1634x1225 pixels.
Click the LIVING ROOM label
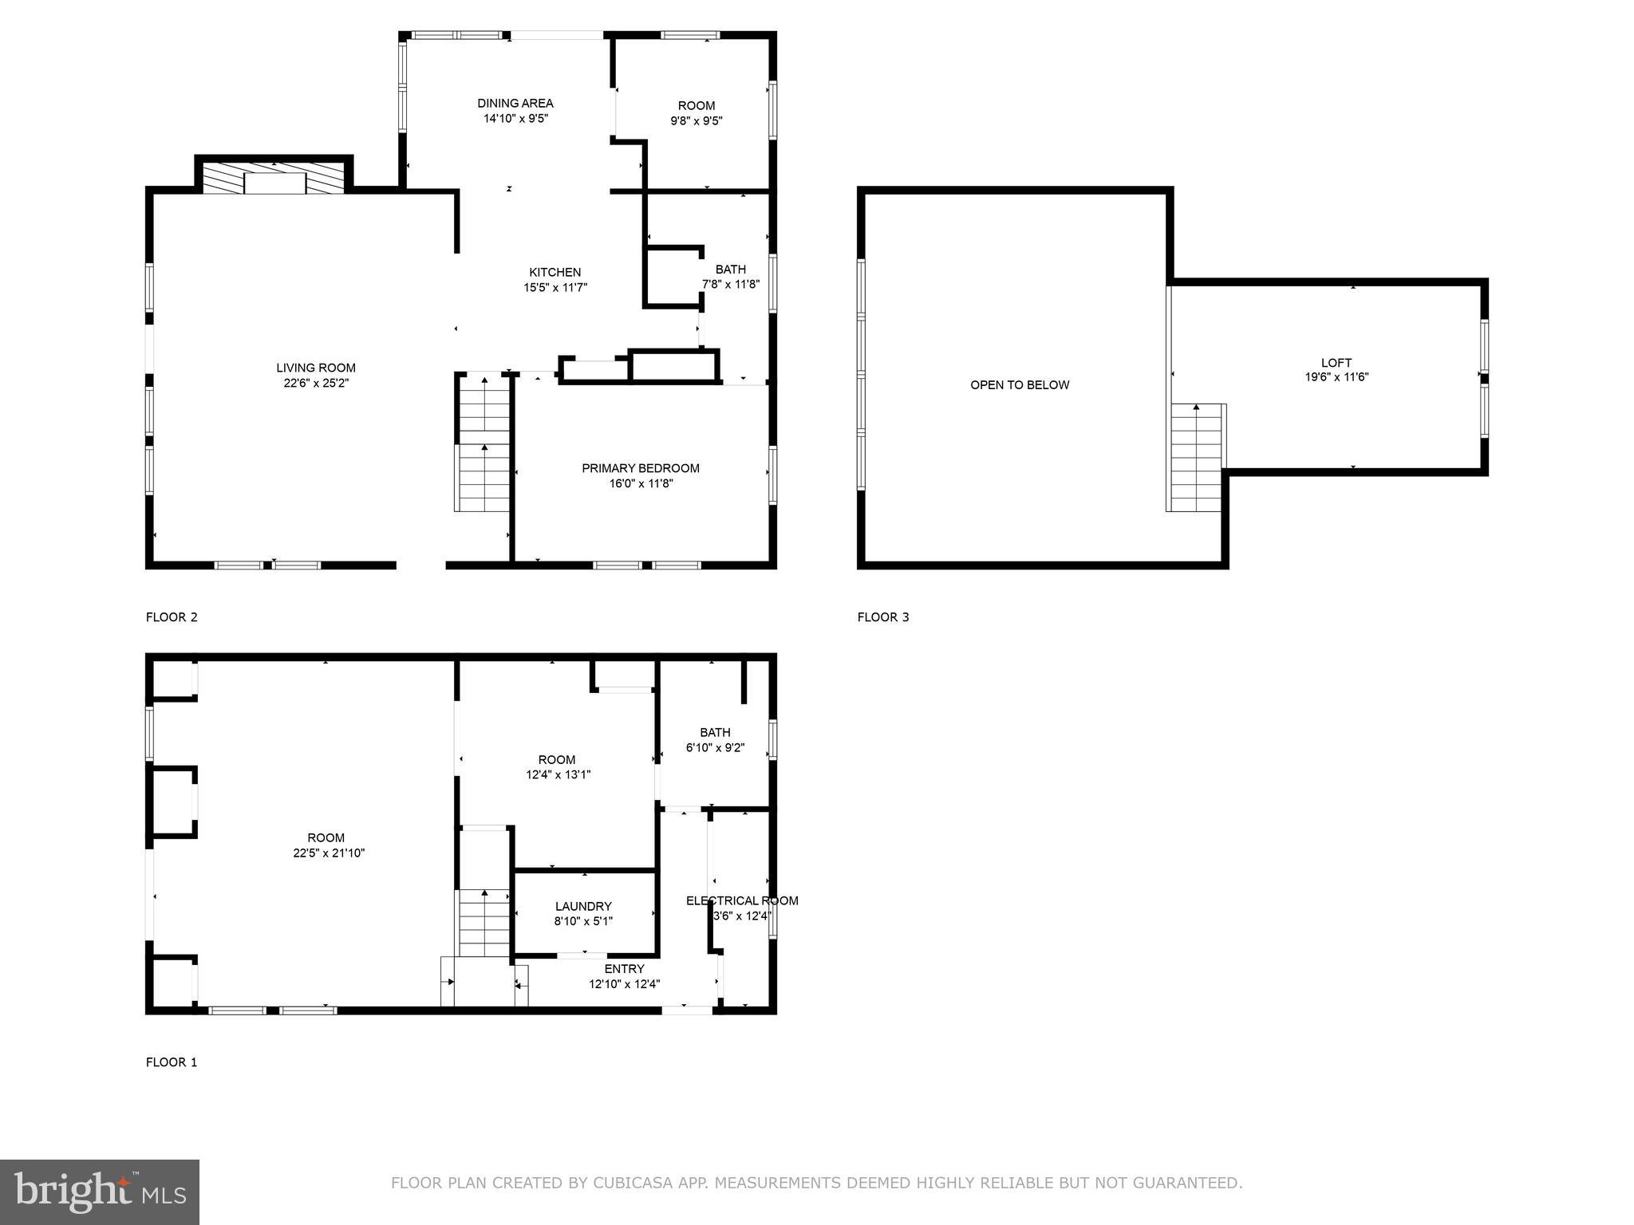316,368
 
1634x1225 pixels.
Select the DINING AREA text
515,103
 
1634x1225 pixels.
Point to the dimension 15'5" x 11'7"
555,288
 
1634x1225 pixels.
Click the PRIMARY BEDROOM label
640,468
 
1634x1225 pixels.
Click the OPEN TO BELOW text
1020,385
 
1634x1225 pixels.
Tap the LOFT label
1336,363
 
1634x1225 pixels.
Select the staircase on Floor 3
1196,458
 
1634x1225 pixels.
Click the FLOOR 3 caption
883,616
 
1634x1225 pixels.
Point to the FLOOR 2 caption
172,616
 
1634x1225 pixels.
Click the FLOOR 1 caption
172,1062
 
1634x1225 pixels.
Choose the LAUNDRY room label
583,906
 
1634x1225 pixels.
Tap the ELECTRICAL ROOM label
742,900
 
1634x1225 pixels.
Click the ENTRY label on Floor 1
624,969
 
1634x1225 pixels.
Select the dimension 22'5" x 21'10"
329,853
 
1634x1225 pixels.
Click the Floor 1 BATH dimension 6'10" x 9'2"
715,748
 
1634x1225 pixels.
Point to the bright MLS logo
100,1192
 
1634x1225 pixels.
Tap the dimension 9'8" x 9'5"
697,121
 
